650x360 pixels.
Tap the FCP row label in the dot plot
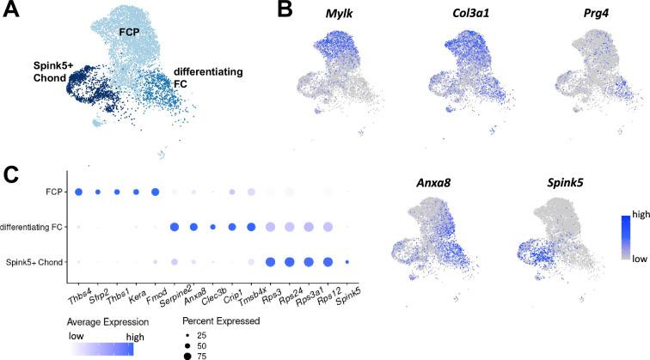(x=57, y=192)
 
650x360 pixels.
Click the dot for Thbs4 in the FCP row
(x=79, y=192)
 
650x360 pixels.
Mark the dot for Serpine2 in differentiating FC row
(x=175, y=227)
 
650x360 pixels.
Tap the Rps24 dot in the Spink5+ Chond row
(x=290, y=261)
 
